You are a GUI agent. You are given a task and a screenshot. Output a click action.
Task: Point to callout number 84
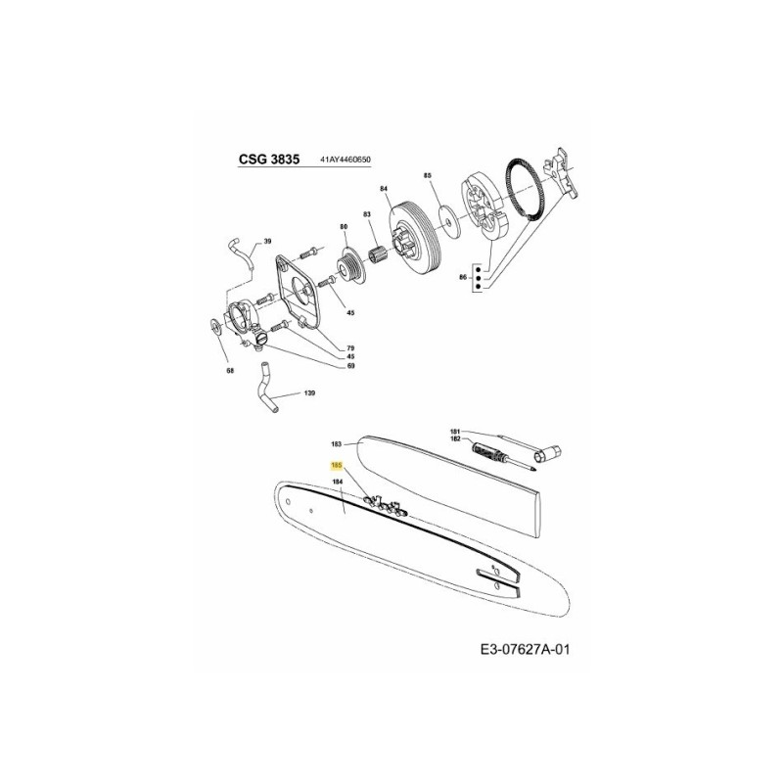pyautogui.click(x=384, y=188)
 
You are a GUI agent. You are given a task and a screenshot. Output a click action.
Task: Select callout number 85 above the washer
pyautogui.click(x=427, y=175)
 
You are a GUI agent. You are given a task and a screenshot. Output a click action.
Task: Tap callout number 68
pyautogui.click(x=230, y=372)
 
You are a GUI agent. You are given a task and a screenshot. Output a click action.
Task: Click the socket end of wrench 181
pyautogui.click(x=547, y=451)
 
